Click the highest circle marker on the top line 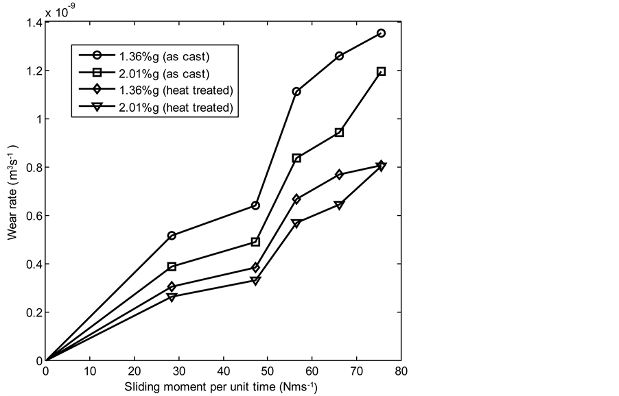382,33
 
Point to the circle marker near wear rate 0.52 172,236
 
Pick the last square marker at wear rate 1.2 382,71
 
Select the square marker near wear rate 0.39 172,267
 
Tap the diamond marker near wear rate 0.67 296,199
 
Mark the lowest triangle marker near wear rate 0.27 172,297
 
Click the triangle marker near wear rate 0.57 296,223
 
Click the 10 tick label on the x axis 90,371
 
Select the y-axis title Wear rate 12,192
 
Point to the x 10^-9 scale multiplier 60,10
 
